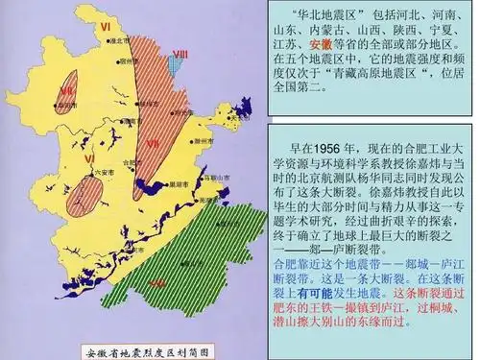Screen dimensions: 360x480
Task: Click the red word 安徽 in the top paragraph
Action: pos(322,44)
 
